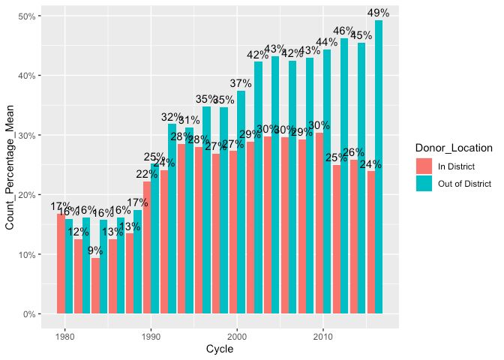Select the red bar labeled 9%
[95, 286]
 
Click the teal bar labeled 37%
[241, 202]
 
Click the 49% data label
[378, 13]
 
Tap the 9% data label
[95, 251]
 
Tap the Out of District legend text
[463, 183]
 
